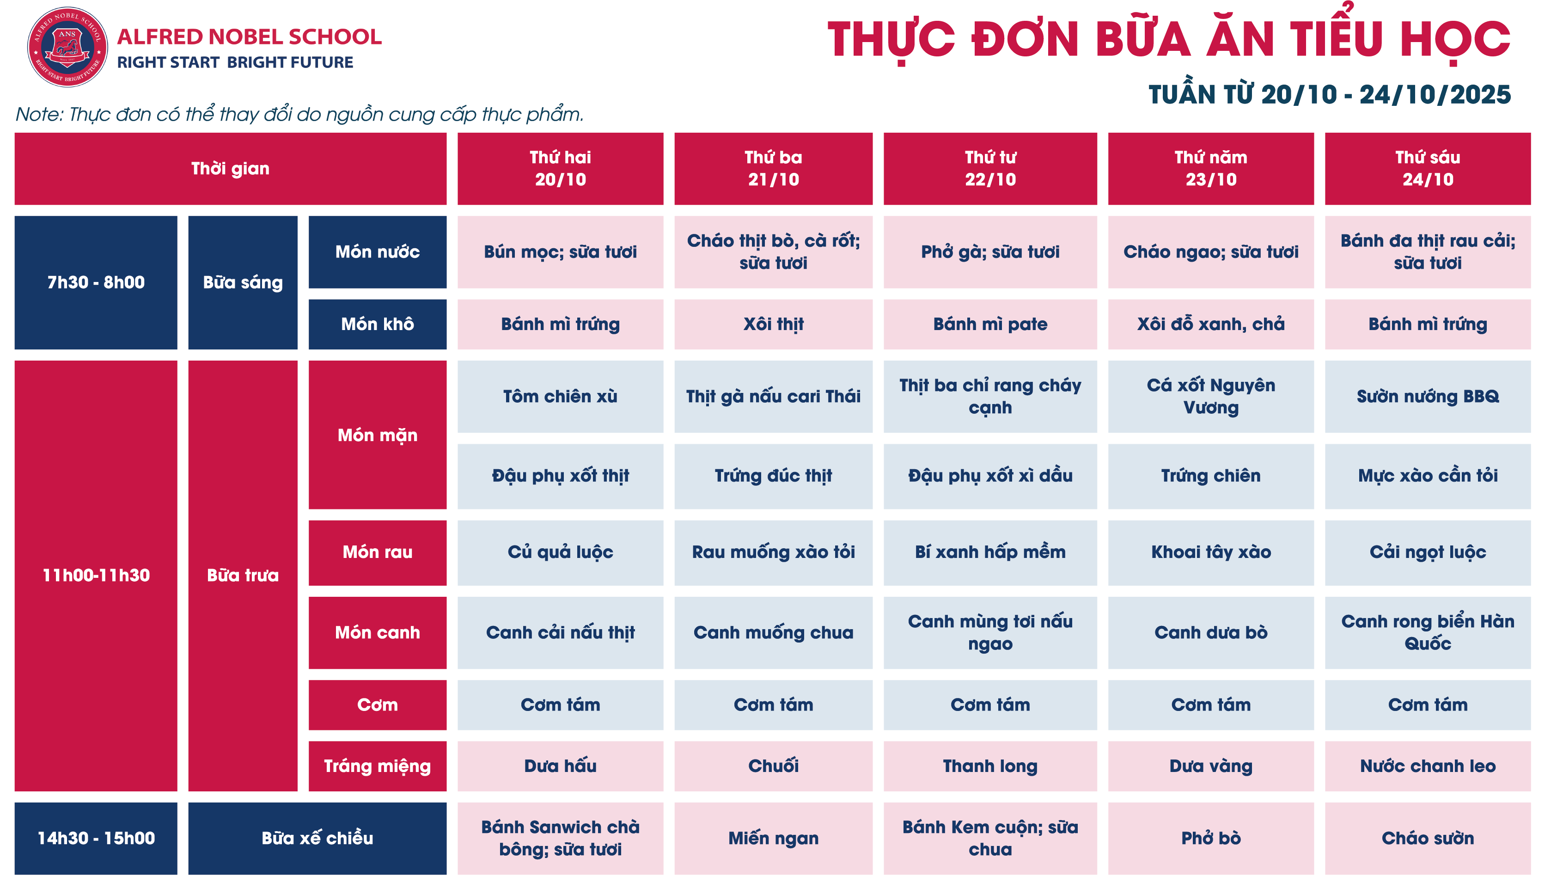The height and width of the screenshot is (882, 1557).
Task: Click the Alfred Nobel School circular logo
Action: (67, 47)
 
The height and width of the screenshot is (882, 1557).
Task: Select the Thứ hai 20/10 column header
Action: (560, 168)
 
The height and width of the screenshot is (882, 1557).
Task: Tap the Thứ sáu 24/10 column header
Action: (1428, 168)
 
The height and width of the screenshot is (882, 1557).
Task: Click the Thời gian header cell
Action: (230, 168)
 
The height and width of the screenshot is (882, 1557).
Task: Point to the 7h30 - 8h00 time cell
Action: (96, 282)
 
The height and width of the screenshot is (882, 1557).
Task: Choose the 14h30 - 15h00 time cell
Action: (96, 839)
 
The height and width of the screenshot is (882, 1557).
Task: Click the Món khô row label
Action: (377, 324)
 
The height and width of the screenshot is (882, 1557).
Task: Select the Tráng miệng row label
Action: (377, 766)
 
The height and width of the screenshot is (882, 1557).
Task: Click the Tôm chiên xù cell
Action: (560, 396)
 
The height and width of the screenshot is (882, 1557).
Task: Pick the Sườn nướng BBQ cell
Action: (1428, 396)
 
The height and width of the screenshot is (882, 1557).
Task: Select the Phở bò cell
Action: (1210, 839)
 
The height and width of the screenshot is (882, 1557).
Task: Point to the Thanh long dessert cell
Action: (990, 766)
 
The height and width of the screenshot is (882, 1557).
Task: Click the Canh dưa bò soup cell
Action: (1210, 632)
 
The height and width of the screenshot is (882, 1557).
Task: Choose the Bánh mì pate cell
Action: (990, 324)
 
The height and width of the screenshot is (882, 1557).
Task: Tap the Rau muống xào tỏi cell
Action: (773, 552)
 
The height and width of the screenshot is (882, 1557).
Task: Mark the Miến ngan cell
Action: (773, 839)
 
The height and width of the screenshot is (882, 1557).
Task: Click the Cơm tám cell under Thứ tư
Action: (990, 704)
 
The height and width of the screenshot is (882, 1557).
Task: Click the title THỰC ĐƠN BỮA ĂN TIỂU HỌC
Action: (1169, 40)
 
